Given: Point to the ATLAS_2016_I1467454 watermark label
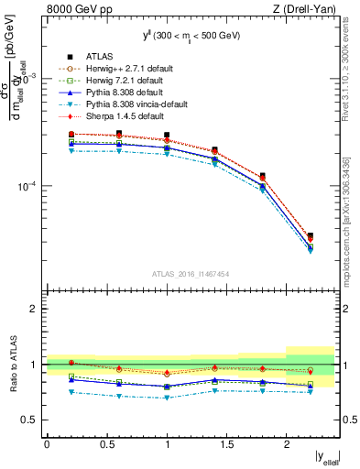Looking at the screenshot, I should pyautogui.click(x=190, y=274).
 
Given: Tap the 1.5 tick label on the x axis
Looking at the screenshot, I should pyautogui.click(x=226, y=444).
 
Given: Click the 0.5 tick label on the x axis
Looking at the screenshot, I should pyautogui.click(x=106, y=444).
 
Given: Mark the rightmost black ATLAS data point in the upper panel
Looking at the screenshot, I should pyautogui.click(x=310, y=235).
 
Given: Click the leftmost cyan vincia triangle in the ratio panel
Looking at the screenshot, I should pyautogui.click(x=71, y=392).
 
